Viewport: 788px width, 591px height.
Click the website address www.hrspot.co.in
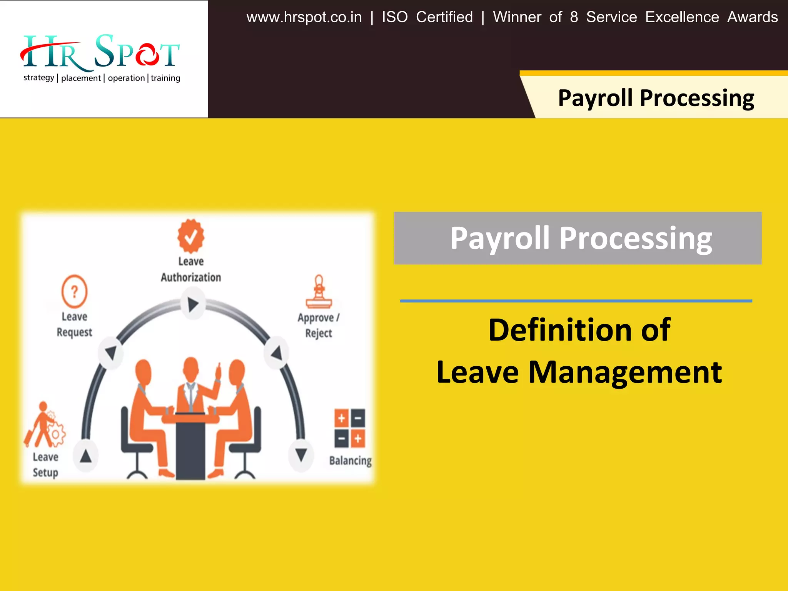click(x=304, y=17)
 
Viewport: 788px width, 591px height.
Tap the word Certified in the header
click(x=444, y=17)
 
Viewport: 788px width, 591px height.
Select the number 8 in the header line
click(x=574, y=17)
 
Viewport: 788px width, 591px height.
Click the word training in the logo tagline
click(x=165, y=78)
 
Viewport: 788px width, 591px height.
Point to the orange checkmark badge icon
click(x=191, y=236)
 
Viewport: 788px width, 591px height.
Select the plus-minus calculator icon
click(x=350, y=428)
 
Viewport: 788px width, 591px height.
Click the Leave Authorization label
click(x=191, y=269)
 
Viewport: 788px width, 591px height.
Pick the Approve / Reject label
click(x=319, y=325)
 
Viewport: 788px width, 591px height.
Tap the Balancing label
click(x=350, y=461)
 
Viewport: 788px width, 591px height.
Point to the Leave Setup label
click(x=45, y=465)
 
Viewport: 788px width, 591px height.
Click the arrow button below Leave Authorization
click(x=193, y=304)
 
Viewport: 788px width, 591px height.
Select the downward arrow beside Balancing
click(x=301, y=455)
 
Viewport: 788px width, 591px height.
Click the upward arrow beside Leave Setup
click(x=85, y=456)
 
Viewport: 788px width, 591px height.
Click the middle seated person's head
click(x=191, y=367)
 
